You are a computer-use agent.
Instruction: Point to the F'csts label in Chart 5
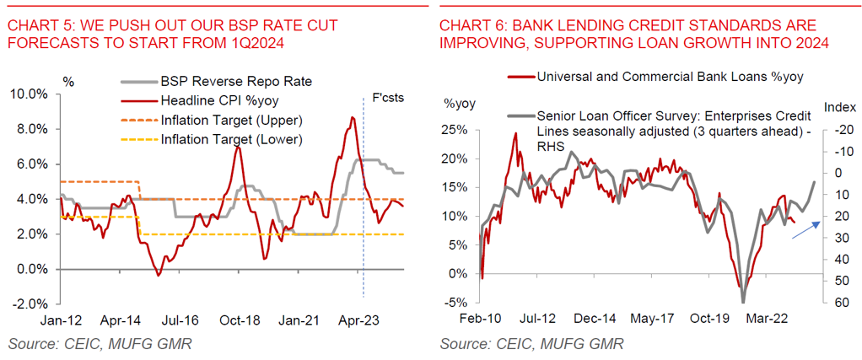coord(388,98)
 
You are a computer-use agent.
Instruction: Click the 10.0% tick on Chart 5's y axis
coord(30,94)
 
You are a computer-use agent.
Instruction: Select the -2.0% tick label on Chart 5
coord(30,304)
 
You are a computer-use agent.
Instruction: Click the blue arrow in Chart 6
coord(805,228)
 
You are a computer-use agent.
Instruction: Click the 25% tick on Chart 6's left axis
coord(455,129)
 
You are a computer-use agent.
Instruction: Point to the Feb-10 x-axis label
coord(480,320)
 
